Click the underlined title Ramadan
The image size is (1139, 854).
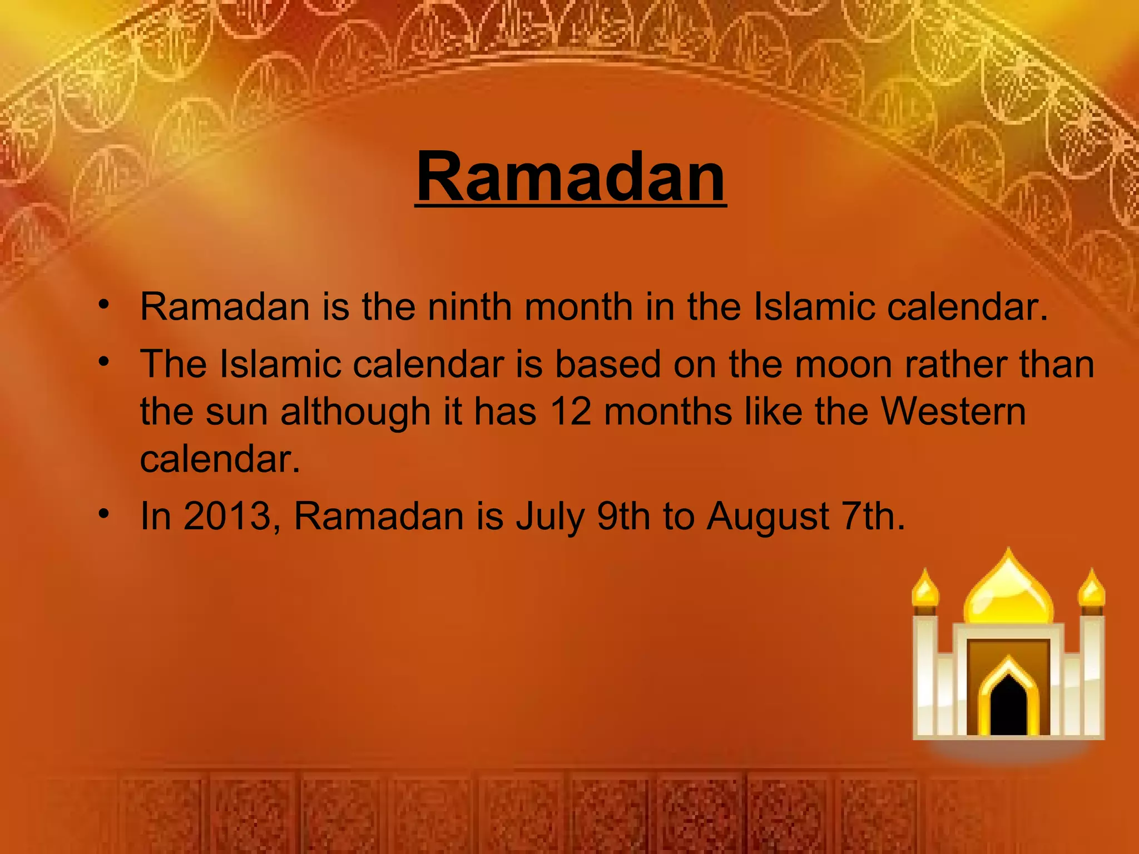click(x=571, y=177)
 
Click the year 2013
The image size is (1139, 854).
click(x=226, y=516)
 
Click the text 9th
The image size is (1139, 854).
click(x=623, y=516)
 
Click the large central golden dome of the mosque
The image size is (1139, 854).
click(x=1008, y=595)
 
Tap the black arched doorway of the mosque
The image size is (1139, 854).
click(x=1008, y=706)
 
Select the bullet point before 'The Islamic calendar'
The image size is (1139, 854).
click(x=103, y=362)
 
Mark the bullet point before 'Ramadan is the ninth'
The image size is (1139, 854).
click(x=103, y=304)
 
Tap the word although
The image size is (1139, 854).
click(x=355, y=413)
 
